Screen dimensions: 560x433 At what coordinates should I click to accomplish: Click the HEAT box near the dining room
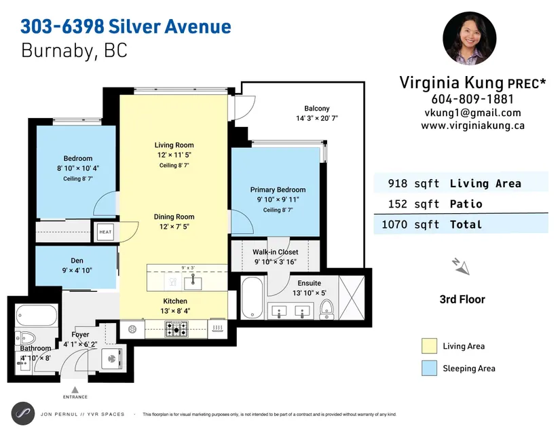105,232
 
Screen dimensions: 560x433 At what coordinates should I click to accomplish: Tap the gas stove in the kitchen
176,328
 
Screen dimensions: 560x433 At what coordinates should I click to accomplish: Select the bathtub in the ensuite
253,298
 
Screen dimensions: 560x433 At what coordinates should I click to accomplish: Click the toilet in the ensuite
326,309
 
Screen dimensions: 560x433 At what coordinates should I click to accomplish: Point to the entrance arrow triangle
75,390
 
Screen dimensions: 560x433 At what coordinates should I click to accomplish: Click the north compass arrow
461,267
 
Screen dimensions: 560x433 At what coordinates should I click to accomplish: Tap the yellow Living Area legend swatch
429,346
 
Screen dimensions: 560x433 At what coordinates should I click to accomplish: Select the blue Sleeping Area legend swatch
429,368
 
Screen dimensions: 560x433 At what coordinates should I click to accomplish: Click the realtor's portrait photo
469,38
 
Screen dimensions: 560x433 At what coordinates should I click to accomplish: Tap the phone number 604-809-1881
472,99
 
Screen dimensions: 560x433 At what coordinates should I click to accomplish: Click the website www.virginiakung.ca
472,126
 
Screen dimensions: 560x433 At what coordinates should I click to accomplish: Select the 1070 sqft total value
411,225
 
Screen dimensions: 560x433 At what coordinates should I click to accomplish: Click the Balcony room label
317,109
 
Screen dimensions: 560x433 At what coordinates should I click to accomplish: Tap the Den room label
77,261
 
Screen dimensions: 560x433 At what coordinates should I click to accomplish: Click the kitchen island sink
193,282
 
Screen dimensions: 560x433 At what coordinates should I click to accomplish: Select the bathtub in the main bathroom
37,315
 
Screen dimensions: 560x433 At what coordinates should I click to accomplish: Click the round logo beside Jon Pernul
23,413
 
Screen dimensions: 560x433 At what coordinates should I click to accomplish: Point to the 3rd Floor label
462,299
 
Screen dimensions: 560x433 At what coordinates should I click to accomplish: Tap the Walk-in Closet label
276,252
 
